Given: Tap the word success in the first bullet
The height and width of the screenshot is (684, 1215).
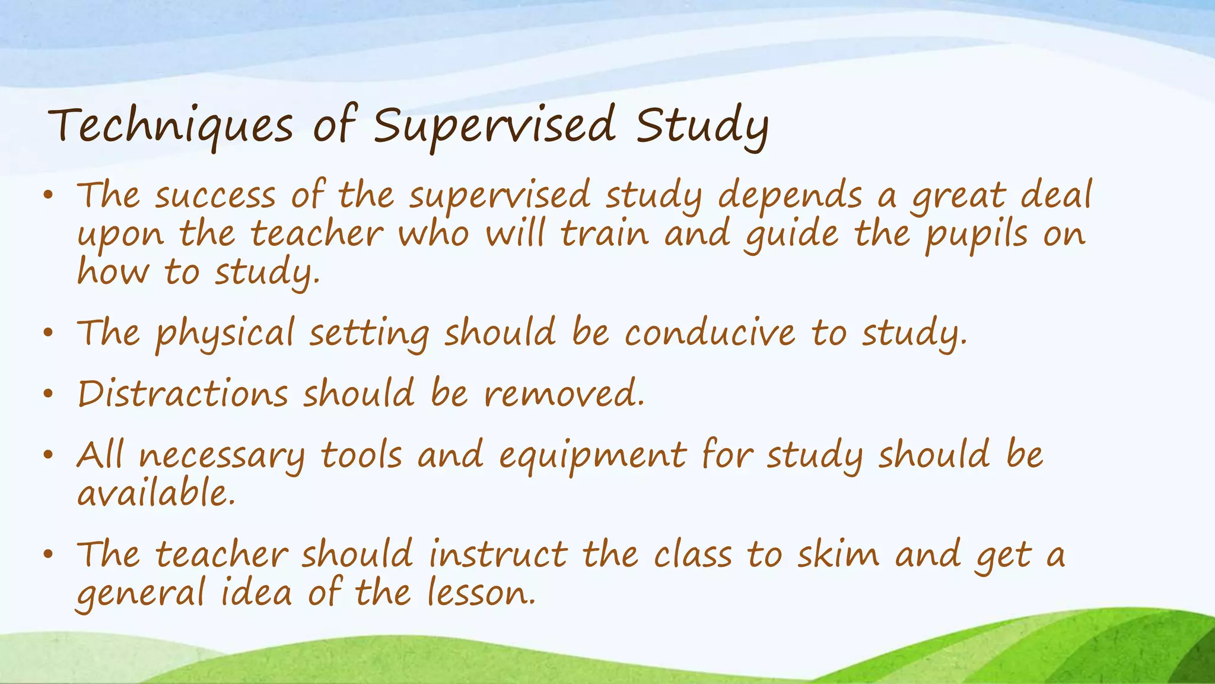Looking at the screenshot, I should coord(215,196).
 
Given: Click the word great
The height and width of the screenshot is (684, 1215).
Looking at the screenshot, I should coord(959,196).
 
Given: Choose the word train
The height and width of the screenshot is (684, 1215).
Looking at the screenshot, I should coord(605,234).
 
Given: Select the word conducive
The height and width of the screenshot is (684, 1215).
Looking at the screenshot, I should coord(710,334).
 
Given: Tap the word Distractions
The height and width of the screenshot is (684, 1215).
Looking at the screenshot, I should coord(183,394).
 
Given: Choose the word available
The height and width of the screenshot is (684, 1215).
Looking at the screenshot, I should coord(156,494).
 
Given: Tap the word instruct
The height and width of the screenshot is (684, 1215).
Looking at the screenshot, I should coord(498,555).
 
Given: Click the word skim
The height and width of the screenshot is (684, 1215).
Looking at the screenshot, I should coord(838,555).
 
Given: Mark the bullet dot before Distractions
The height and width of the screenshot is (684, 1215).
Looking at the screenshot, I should coord(49,394).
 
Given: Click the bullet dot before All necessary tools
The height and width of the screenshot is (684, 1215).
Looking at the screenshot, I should coord(49,456).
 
